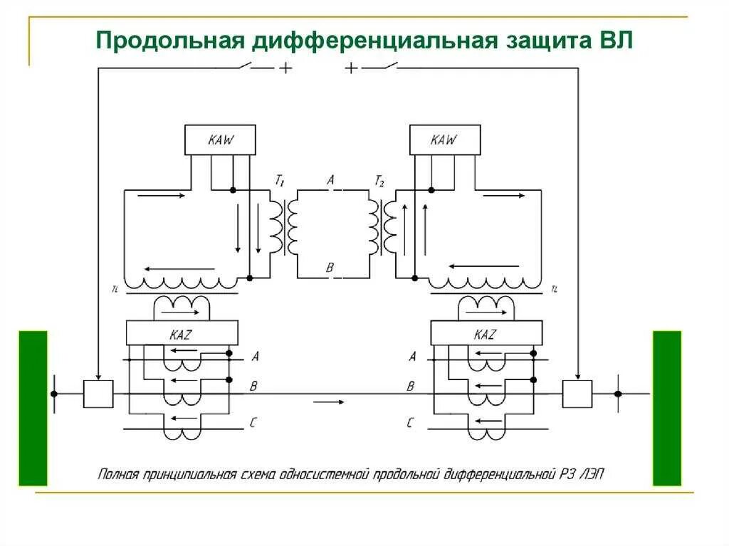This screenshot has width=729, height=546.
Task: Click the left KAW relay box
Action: tap(220, 140)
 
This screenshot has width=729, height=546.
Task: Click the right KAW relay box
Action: tap(444, 140)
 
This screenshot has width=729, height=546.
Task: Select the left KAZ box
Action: tap(182, 333)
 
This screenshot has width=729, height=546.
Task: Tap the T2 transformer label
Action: tap(379, 181)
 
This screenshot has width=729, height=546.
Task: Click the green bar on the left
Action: tap(33, 407)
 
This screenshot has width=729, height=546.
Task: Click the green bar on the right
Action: tap(667, 407)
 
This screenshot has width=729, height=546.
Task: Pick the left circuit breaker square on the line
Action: tap(98, 394)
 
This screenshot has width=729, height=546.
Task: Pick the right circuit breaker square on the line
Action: tap(577, 394)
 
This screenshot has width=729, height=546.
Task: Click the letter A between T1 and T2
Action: tap(330, 181)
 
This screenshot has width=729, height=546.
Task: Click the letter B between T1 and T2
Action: tap(330, 268)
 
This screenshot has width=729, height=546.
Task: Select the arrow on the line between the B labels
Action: tap(329, 402)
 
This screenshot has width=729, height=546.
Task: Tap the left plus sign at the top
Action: tap(285, 68)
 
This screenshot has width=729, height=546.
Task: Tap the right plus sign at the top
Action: tap(351, 68)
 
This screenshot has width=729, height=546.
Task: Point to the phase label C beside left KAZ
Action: tap(253, 423)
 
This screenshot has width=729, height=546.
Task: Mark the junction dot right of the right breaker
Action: tap(618, 394)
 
